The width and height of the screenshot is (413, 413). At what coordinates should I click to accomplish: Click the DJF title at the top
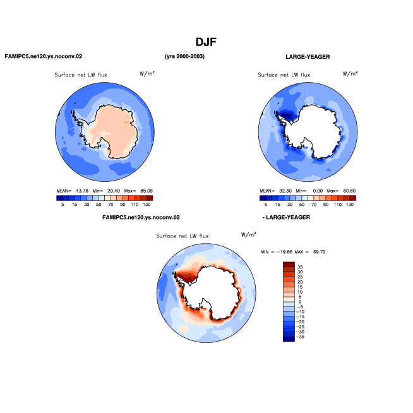click(206, 42)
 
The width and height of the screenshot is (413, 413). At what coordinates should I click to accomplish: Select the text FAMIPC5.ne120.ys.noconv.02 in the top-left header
click(44, 56)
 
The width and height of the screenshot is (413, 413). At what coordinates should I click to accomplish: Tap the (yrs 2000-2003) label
click(184, 56)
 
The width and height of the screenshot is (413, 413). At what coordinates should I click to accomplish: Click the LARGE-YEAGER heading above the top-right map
click(308, 57)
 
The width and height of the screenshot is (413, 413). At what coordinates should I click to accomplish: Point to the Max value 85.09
click(147, 191)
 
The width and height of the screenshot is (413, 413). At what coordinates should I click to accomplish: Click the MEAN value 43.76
click(82, 191)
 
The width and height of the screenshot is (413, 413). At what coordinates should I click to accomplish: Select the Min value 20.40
click(114, 191)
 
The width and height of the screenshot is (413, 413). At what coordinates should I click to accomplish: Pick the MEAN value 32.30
click(285, 191)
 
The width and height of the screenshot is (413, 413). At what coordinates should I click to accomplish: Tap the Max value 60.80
click(349, 191)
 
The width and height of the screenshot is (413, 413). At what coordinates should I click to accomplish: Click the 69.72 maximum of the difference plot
click(320, 252)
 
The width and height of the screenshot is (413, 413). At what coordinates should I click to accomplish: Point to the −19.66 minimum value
click(285, 252)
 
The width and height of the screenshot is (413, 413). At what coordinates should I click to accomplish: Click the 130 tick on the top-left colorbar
click(147, 205)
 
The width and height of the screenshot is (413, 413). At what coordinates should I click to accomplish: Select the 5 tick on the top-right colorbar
click(265, 205)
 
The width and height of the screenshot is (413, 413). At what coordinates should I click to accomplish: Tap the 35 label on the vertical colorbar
click(300, 267)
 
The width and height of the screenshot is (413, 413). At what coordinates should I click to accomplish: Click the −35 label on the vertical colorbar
click(300, 337)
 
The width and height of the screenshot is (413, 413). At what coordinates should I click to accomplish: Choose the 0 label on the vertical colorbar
click(300, 302)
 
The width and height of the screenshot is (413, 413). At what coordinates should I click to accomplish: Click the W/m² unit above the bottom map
click(249, 234)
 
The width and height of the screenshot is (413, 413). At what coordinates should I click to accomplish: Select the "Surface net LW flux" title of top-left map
click(81, 75)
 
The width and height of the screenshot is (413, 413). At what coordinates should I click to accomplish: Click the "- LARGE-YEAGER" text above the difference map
click(286, 217)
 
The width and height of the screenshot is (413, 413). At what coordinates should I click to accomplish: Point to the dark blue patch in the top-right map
click(288, 115)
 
